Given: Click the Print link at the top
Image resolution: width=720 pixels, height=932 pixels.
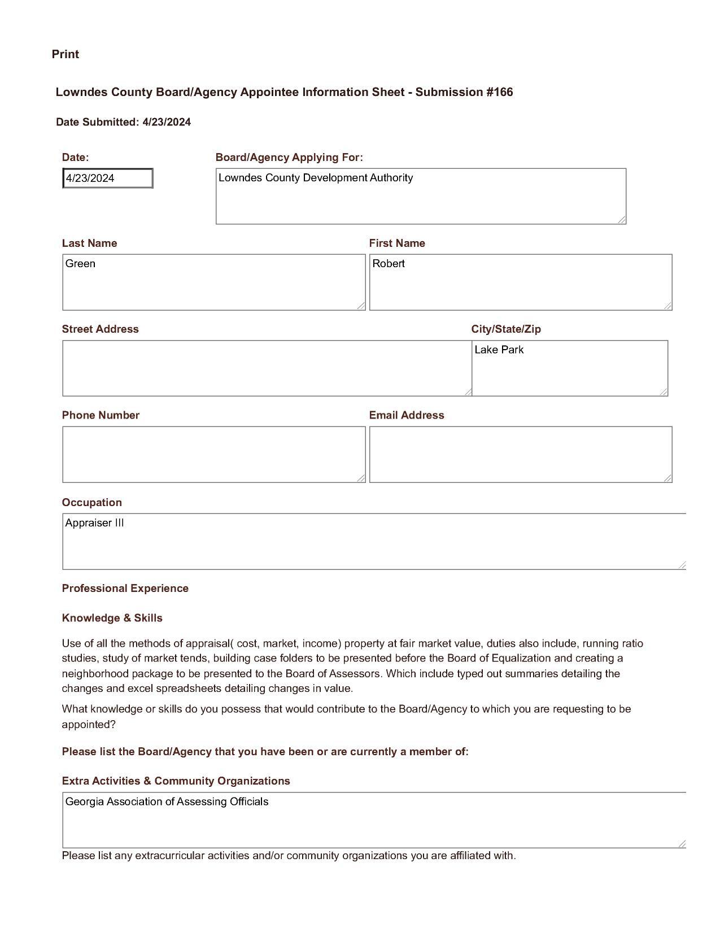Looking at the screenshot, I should coord(65,54).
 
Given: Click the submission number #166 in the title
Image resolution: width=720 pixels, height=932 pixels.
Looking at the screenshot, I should coord(499,92).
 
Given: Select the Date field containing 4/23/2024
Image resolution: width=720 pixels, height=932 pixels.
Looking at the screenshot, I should coord(107,178).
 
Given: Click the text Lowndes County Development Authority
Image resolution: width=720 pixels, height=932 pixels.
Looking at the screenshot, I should coord(316,178).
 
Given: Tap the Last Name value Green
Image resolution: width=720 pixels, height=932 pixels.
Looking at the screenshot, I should coord(80,264).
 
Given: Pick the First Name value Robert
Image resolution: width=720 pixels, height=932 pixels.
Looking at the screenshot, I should coord(389,264).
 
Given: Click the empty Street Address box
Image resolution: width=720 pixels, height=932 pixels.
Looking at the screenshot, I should coord(267,368).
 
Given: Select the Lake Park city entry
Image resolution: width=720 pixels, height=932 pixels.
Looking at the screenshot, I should coord(499,350).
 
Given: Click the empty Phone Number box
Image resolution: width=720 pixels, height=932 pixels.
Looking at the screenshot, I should coord(213,455).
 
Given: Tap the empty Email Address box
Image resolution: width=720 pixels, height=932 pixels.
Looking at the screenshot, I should coord(520,455).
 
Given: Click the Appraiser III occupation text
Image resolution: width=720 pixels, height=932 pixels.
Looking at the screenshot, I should coord(95,523).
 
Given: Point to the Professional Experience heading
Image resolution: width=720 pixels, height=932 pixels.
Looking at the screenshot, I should coord(125,589).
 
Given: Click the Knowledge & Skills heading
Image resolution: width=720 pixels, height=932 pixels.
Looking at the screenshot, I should coord(112,618).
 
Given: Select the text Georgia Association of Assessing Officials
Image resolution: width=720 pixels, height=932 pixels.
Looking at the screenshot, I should coord(167,802).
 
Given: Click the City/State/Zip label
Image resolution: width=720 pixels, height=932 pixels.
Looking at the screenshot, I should coord(506,329).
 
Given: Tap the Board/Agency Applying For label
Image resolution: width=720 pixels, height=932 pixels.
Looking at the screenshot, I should coord(289,158).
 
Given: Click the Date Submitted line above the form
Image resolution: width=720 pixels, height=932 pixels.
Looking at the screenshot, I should coord(123,122).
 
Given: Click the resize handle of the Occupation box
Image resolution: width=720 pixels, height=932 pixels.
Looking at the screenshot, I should coord(682,565).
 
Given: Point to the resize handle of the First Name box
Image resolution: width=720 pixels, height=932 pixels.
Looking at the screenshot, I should coord(668,306).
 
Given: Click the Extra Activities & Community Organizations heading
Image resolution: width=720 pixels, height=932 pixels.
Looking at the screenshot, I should coord(176,781).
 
